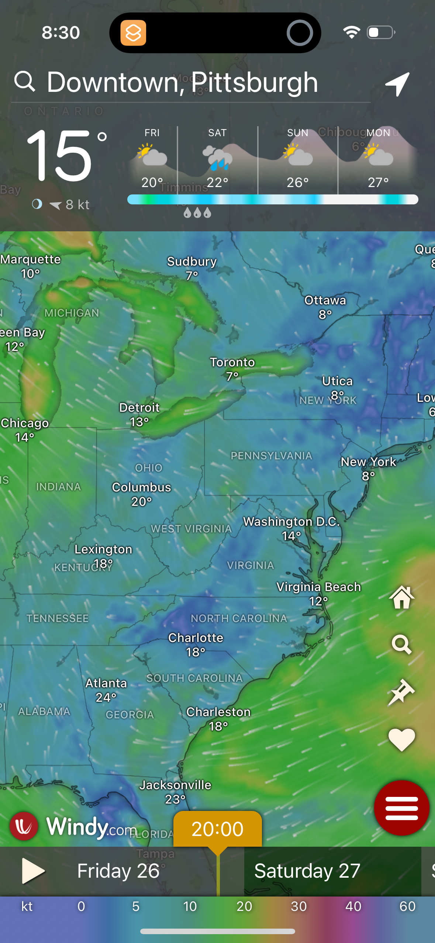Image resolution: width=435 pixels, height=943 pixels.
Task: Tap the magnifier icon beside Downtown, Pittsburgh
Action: (25, 82)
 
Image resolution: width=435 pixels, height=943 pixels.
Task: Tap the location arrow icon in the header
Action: (397, 84)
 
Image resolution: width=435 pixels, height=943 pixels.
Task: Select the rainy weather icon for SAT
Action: (217, 158)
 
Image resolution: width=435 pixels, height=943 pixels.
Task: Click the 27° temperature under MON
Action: (378, 182)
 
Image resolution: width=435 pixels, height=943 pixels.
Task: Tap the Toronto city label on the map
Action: (232, 363)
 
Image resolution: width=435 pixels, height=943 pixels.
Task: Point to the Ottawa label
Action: (325, 301)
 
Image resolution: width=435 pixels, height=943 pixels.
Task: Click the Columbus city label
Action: (141, 487)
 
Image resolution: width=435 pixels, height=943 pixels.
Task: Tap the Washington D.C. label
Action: (291, 522)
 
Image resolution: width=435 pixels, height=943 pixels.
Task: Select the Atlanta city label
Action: (106, 683)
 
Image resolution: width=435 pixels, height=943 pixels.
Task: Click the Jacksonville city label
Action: (175, 785)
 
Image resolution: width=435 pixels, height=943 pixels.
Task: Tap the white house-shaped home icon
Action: (401, 597)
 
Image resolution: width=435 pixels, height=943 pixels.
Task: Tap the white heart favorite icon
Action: (401, 740)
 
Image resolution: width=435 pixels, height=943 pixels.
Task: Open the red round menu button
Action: (401, 808)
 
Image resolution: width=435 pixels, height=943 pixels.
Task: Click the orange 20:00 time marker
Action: (217, 829)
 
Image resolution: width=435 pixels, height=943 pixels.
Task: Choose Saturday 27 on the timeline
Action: (307, 871)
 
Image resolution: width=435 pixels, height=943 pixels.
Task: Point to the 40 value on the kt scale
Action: (353, 906)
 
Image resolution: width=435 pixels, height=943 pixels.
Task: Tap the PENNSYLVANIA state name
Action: (271, 456)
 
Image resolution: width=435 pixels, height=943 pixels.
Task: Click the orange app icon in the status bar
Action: (133, 33)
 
